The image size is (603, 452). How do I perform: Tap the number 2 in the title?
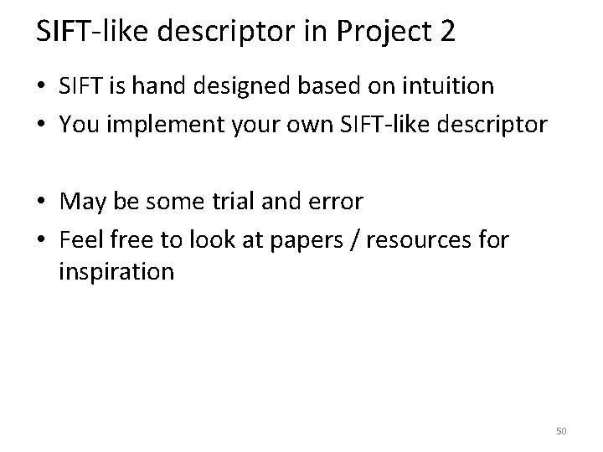point(446,31)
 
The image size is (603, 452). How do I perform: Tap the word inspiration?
point(117,272)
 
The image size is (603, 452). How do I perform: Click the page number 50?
point(561,431)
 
